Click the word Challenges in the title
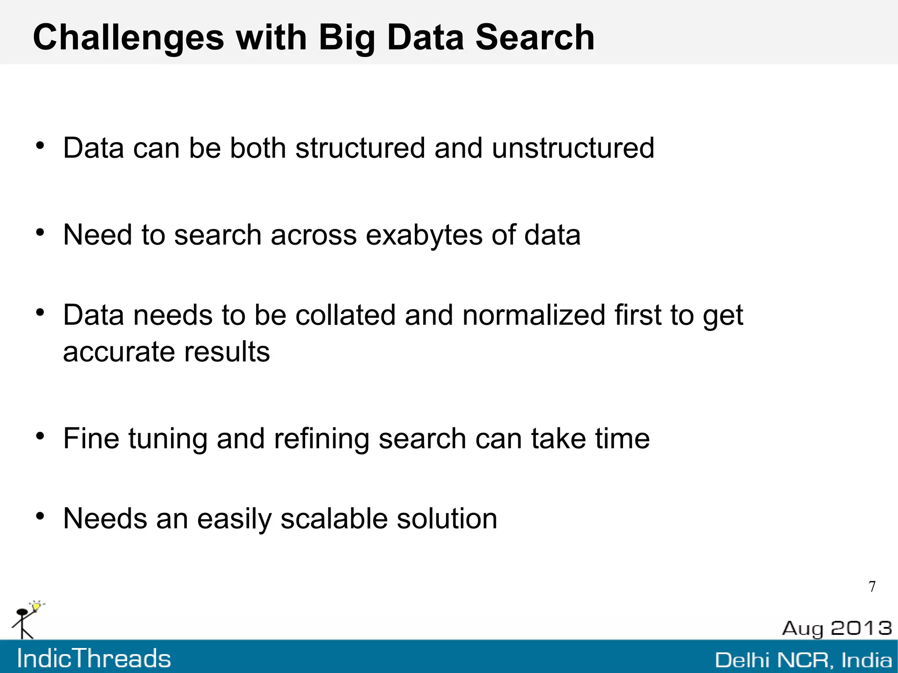pos(128,38)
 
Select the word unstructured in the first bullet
pos(573,148)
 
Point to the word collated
pos(346,315)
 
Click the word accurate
pos(119,352)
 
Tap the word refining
pos(321,438)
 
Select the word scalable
pos(334,519)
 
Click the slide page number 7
pos(872,587)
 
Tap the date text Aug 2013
pos(837,628)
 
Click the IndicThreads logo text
pos(94,659)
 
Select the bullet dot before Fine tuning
pos(40,436)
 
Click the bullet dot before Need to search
pos(40,232)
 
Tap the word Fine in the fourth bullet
pos(91,438)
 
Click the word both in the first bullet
pos(258,148)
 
